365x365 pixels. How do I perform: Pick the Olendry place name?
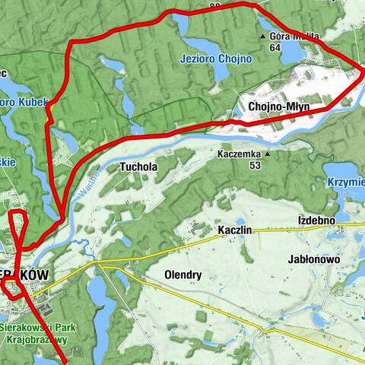click(182, 274)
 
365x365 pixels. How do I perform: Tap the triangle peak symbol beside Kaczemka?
click(267, 153)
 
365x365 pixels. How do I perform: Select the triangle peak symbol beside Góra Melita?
click(263, 36)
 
